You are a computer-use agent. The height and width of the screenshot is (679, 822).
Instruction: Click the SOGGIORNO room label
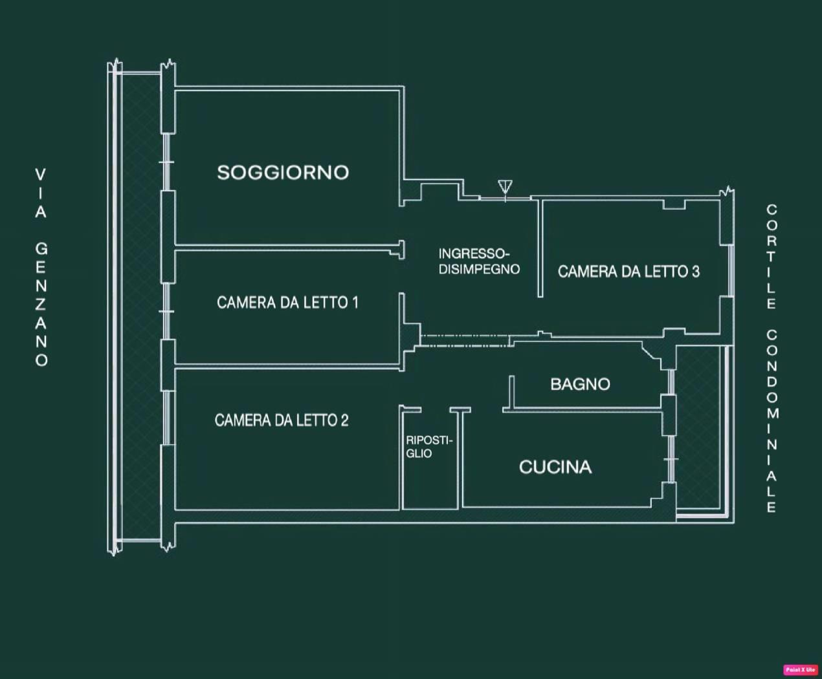pyautogui.click(x=283, y=173)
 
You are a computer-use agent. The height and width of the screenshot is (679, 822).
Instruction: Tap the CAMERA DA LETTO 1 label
pyautogui.click(x=288, y=303)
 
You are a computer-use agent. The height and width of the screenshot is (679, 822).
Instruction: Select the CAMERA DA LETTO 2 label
pyautogui.click(x=282, y=420)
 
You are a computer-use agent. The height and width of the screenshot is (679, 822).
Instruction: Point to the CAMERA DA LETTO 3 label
pyautogui.click(x=628, y=272)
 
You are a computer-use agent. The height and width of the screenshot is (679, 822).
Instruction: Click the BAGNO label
pyautogui.click(x=581, y=384)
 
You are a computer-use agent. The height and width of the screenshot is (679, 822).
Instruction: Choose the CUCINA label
pyautogui.click(x=555, y=468)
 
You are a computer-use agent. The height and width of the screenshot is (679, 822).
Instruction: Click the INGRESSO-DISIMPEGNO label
pyautogui.click(x=479, y=261)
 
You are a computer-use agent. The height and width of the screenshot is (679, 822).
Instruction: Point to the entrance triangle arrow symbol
pyautogui.click(x=505, y=187)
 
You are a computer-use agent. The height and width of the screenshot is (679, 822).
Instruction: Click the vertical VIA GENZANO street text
pyautogui.click(x=41, y=268)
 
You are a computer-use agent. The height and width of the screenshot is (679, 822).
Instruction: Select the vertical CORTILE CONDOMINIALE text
pyautogui.click(x=772, y=359)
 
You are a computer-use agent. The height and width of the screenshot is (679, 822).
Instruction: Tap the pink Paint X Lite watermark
pyautogui.click(x=801, y=669)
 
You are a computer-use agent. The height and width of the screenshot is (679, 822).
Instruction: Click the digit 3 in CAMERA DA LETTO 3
pyautogui.click(x=696, y=272)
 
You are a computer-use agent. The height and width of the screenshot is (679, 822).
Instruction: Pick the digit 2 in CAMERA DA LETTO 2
pyautogui.click(x=344, y=420)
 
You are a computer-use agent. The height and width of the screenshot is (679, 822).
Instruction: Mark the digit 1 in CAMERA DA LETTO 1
pyautogui.click(x=355, y=303)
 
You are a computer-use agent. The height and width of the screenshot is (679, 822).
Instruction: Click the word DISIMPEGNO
pyautogui.click(x=479, y=269)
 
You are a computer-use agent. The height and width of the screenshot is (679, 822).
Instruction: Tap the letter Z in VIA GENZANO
pyautogui.click(x=41, y=304)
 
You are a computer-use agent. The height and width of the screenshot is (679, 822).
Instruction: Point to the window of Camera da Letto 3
pyautogui.click(x=731, y=271)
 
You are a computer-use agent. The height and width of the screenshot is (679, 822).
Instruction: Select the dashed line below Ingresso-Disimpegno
pyautogui.click(x=465, y=341)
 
